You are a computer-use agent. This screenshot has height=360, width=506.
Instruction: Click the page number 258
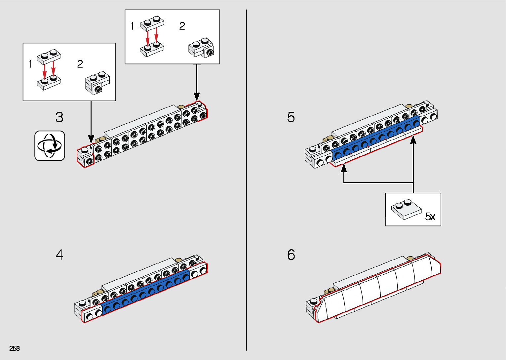(15, 348)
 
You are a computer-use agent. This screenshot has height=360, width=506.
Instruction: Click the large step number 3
(59, 117)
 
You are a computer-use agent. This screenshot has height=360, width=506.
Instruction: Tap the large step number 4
(59, 255)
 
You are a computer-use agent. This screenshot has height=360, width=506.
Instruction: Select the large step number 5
(291, 117)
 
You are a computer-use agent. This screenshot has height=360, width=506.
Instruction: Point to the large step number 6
(291, 255)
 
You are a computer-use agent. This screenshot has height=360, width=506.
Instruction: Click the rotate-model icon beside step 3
(50, 146)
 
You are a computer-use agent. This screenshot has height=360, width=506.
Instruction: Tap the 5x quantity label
(430, 217)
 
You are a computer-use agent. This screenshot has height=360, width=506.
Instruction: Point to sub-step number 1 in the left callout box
(30, 64)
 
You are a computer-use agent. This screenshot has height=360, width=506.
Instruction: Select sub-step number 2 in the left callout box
(80, 64)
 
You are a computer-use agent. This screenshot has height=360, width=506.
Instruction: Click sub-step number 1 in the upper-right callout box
(133, 26)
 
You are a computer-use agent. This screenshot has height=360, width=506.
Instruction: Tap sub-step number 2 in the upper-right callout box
(182, 26)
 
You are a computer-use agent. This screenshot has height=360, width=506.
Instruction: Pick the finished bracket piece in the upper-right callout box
(201, 48)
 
